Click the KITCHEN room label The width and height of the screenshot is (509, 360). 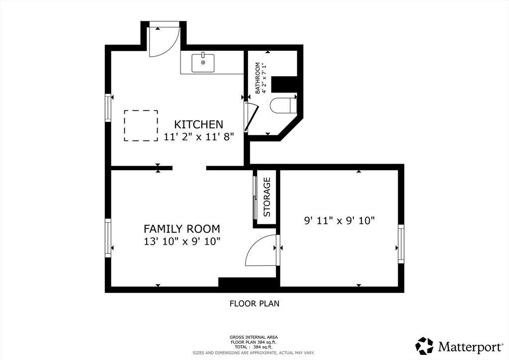(199, 125)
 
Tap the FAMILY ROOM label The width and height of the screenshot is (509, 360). (182, 229)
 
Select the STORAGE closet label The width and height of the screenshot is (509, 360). (267, 197)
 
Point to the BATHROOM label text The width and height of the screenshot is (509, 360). (258, 78)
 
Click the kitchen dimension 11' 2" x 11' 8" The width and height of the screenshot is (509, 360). (199, 137)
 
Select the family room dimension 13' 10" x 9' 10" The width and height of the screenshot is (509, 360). (182, 242)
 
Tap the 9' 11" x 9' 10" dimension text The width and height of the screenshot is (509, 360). (339, 221)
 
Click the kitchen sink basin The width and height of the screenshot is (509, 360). (203, 63)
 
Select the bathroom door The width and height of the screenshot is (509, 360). (251, 117)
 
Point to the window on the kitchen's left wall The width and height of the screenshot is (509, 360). (108, 108)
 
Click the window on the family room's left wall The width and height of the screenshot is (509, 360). (108, 238)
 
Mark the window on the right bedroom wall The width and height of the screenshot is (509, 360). (401, 244)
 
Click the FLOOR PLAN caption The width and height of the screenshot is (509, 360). (254, 303)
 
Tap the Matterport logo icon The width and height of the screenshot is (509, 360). (424, 346)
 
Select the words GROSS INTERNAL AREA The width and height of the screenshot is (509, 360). (254, 337)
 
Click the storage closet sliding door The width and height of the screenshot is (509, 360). (255, 198)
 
